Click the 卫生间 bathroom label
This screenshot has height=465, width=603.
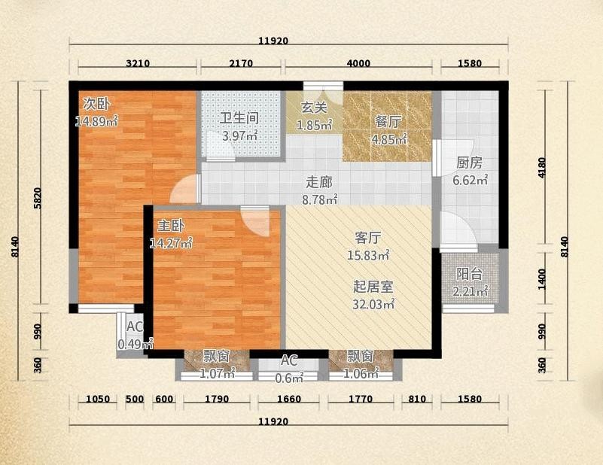coord(239,118)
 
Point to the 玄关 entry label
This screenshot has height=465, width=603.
coord(314,108)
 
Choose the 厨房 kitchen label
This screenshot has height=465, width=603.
coord(469,163)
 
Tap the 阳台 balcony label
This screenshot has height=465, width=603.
coord(469,274)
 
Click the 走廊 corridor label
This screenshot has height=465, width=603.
coord(319,182)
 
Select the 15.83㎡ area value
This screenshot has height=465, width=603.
coord(368,255)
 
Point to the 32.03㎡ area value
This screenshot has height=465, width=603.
coord(374,304)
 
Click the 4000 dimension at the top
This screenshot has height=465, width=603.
coord(358,63)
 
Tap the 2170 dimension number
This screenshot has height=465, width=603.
coord(241,63)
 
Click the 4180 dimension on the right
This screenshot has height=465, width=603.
coord(542,168)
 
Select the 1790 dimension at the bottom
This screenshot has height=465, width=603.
coord(217,399)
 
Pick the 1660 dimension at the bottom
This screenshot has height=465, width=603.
coord(289,399)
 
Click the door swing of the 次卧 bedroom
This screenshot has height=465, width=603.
coord(184,189)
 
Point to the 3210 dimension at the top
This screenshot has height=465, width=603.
coord(138,63)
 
